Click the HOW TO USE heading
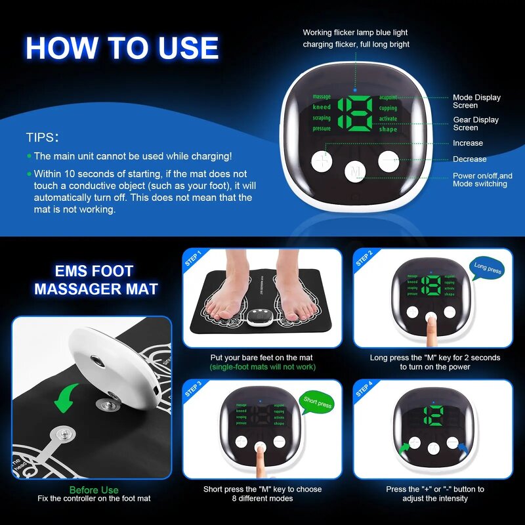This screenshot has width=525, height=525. tap(122, 49)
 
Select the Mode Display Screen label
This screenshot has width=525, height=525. tap(476, 101)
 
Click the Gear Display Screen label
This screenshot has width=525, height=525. tap(476, 123)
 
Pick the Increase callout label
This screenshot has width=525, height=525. tap(468, 143)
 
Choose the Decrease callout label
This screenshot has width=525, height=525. tap(470, 159)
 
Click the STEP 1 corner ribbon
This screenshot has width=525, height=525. tap(193, 258)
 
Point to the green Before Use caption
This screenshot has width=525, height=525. tap(94, 490)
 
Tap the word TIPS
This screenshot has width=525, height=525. tap(43, 138)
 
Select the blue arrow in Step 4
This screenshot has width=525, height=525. tap(465, 448)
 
